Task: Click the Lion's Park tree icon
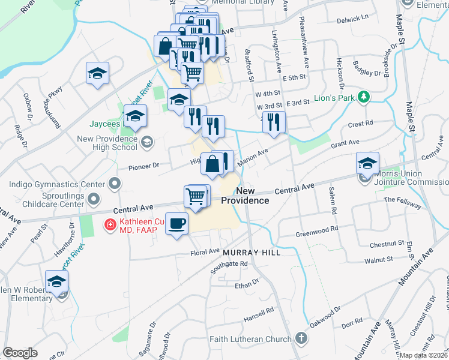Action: pyautogui.click(x=363, y=97)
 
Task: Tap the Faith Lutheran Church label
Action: pyautogui.click(x=250, y=340)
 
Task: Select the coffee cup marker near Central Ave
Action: pyautogui.click(x=176, y=224)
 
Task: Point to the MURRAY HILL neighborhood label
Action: pyautogui.click(x=252, y=253)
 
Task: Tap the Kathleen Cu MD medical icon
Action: pyautogui.click(x=110, y=226)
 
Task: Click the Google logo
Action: pyautogui.click(x=20, y=353)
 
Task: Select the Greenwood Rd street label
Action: pyautogui.click(x=317, y=229)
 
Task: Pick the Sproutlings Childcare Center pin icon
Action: pyautogui.click(x=92, y=198)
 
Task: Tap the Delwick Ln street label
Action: pyautogui.click(x=352, y=19)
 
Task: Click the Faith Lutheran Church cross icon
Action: pyautogui.click(x=301, y=339)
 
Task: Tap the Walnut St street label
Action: pyautogui.click(x=381, y=260)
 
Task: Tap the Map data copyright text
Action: pyautogui.click(x=424, y=355)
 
